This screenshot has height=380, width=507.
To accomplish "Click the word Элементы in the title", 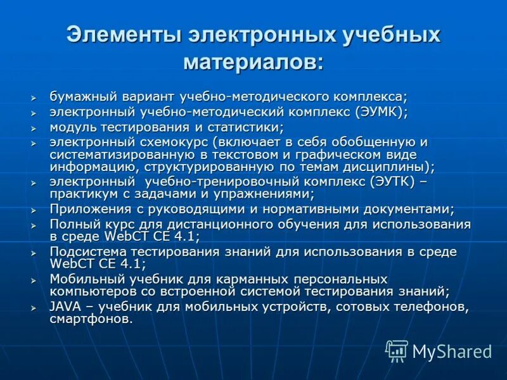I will click(120, 34).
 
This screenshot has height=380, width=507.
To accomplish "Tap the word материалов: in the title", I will click(253, 62).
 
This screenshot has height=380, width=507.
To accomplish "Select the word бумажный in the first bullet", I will click(80, 97).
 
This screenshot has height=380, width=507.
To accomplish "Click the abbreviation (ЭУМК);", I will click(372, 112).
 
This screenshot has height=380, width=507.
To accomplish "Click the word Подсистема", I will click(87, 251).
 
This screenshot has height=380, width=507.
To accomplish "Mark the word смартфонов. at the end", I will click(92, 319).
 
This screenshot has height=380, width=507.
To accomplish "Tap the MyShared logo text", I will click(452, 351).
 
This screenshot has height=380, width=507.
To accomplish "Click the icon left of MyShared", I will click(397, 351).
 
